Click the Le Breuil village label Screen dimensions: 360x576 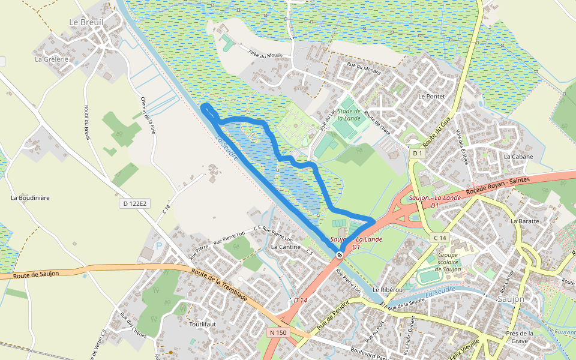[86, 22]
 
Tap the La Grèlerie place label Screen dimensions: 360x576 [52, 59]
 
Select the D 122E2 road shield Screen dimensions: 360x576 [134, 203]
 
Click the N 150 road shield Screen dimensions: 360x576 [278, 332]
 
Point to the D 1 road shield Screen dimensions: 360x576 [418, 154]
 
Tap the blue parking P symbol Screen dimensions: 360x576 [159, 245]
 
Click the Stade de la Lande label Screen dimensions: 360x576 [349, 115]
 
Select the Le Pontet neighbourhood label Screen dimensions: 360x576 [430, 96]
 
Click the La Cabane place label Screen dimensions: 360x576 [518, 157]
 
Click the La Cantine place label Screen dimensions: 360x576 [286, 247]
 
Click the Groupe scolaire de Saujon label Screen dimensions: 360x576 [445, 262]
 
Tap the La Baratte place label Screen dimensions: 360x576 [525, 221]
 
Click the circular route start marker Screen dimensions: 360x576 [340, 255]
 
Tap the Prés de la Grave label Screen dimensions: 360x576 [520, 337]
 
